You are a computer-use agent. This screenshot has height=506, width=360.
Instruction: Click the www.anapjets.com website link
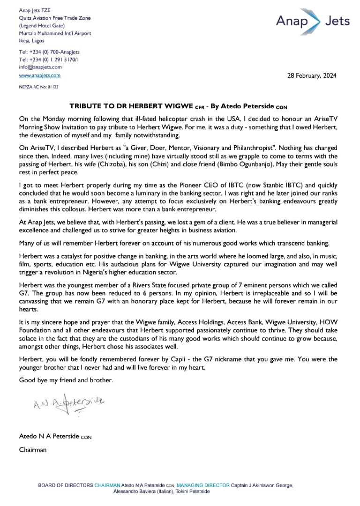pos(40,75)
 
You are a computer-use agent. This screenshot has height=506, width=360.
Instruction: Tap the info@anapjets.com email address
pos(40,67)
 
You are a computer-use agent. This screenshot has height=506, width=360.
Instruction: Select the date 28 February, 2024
pos(311,76)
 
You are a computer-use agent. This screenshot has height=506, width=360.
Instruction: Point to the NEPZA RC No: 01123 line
pos(39,87)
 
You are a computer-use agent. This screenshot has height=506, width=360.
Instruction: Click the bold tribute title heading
pos(178,106)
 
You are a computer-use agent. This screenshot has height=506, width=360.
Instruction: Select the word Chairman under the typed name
pos(33,450)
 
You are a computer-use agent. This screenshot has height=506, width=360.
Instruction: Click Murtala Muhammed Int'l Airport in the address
pos(55,33)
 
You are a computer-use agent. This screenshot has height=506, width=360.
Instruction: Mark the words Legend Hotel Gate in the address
pos(42,25)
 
